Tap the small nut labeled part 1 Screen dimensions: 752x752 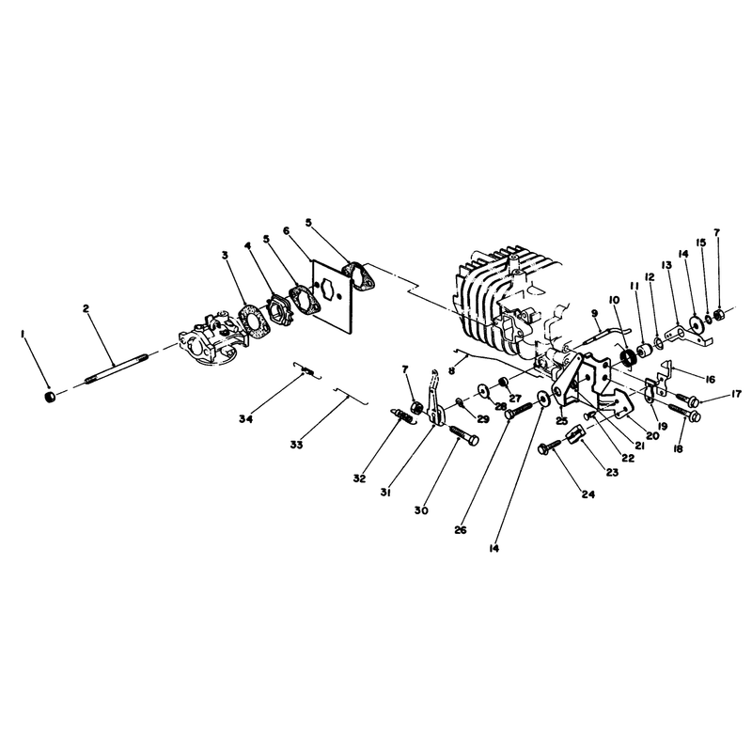click(x=50, y=398)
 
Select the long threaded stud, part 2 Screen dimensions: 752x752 click(x=117, y=368)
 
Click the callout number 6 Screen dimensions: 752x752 click(x=287, y=230)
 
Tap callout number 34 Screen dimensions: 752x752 click(x=246, y=419)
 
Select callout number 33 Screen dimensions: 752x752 click(x=296, y=445)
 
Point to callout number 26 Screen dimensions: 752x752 click(x=461, y=530)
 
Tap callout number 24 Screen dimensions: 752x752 click(x=588, y=494)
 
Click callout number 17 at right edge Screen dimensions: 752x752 click(x=736, y=394)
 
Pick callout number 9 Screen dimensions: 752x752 click(x=595, y=313)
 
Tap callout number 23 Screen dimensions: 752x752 click(x=612, y=473)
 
